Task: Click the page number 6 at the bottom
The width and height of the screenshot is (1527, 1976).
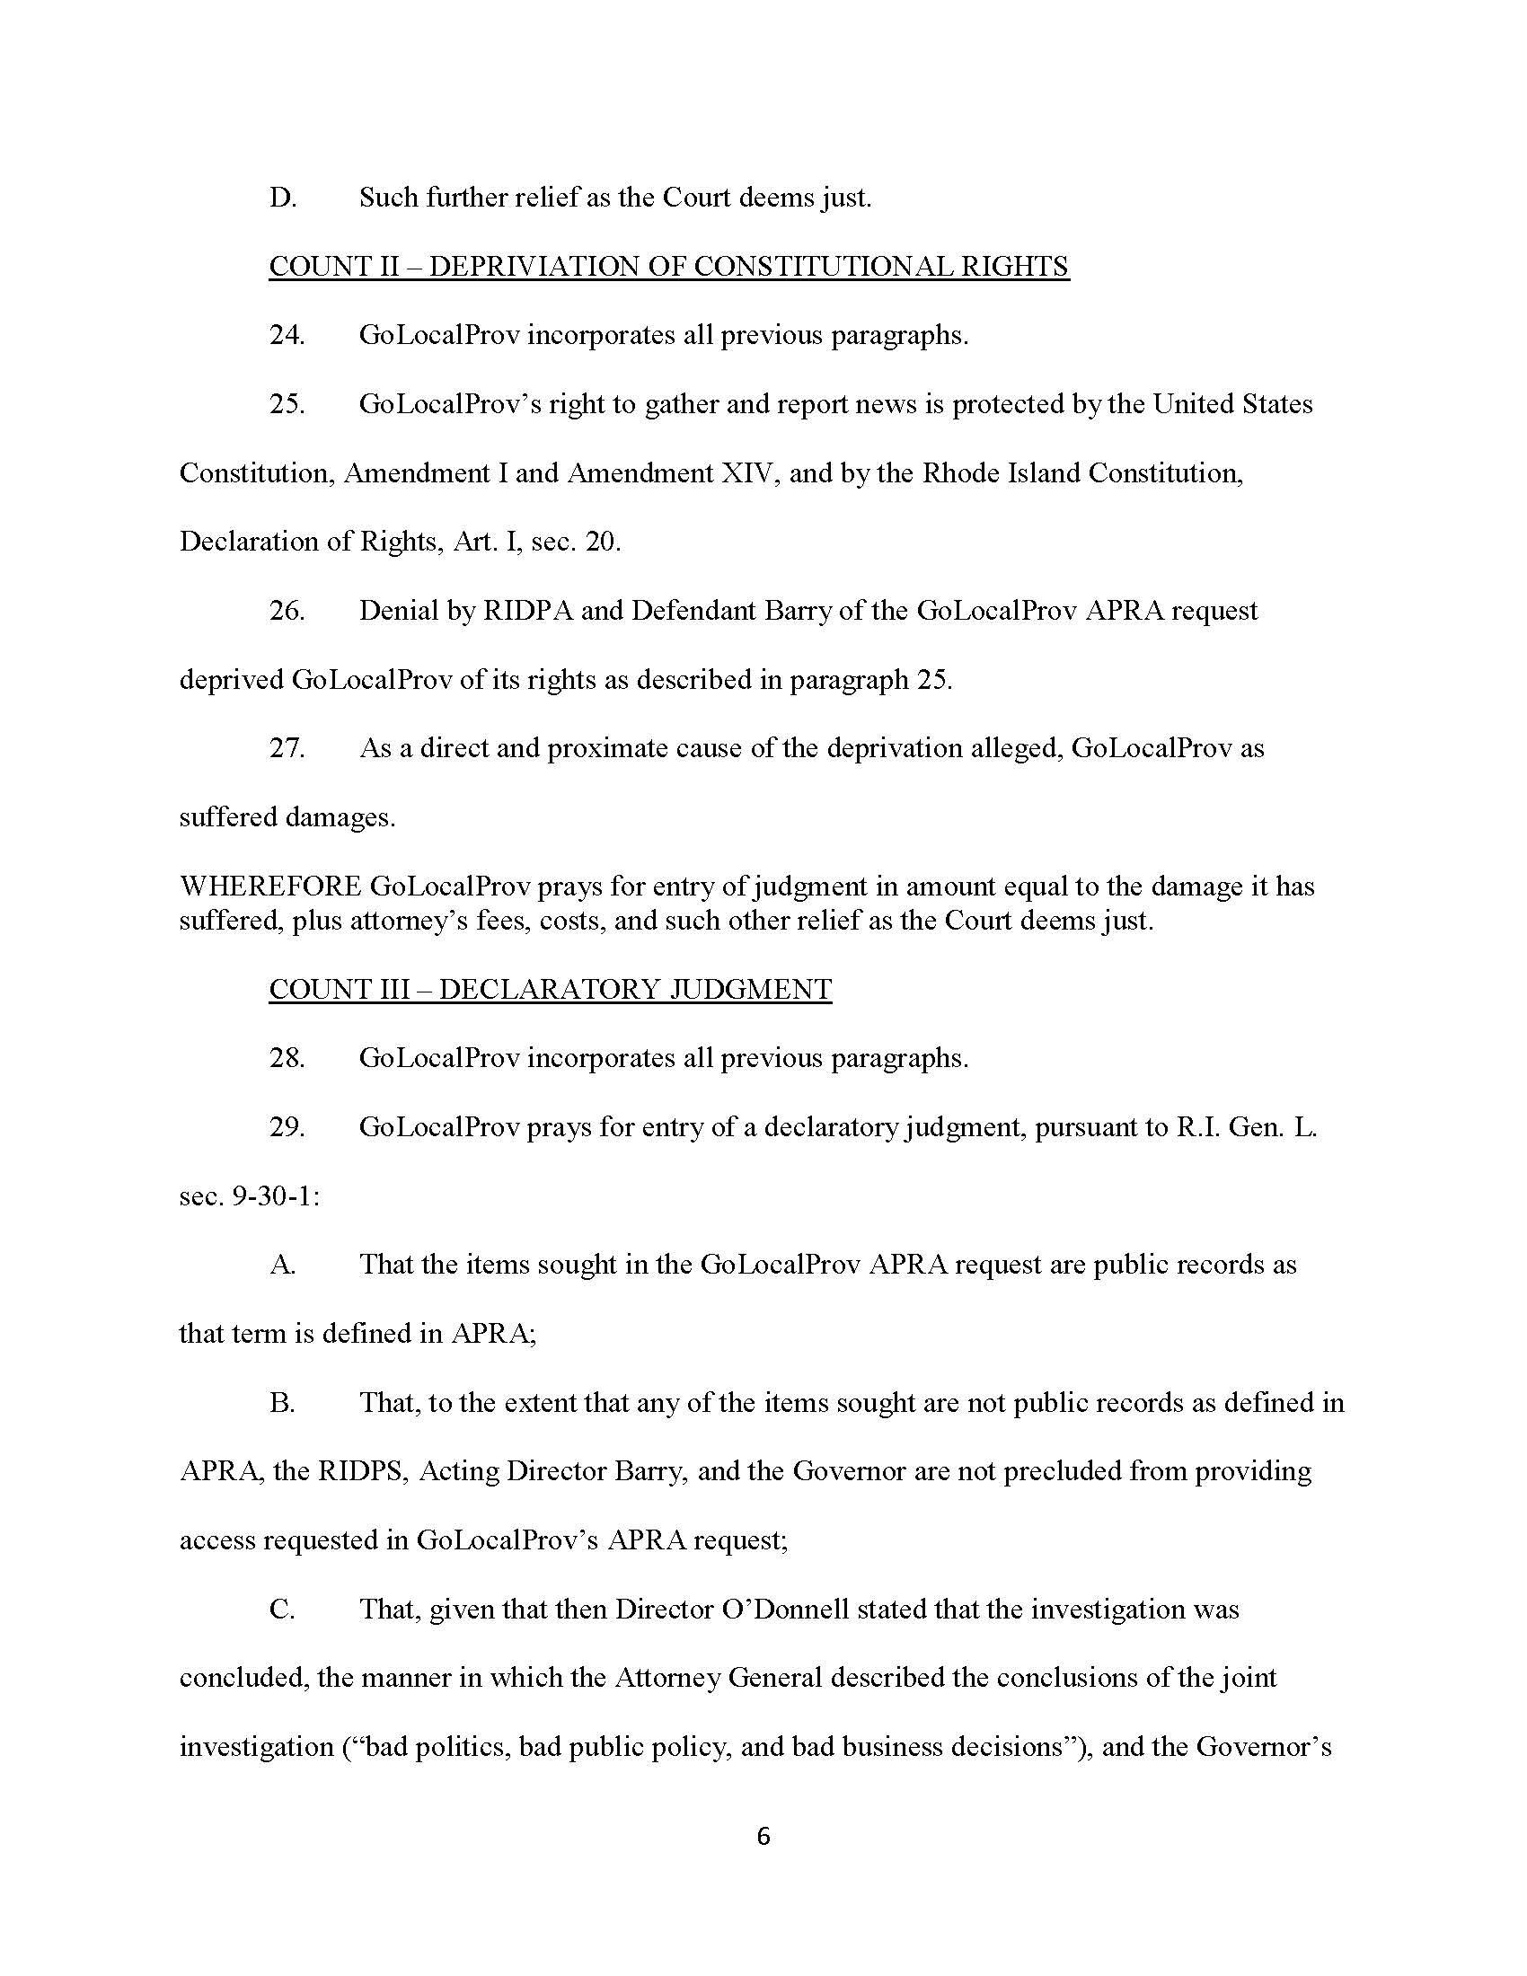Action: click(763, 1836)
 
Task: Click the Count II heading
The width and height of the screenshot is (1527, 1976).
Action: click(668, 266)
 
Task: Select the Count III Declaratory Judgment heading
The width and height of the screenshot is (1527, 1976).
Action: click(550, 989)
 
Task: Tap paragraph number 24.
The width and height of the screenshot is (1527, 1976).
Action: click(287, 335)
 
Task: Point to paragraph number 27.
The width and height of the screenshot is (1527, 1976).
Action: click(287, 748)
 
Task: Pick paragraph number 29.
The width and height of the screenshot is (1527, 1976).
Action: click(287, 1127)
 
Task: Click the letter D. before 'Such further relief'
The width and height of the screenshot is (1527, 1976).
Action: click(282, 198)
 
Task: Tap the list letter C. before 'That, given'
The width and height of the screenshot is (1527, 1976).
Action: click(282, 1610)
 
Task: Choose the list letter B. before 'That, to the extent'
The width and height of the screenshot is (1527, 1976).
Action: click(282, 1403)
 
